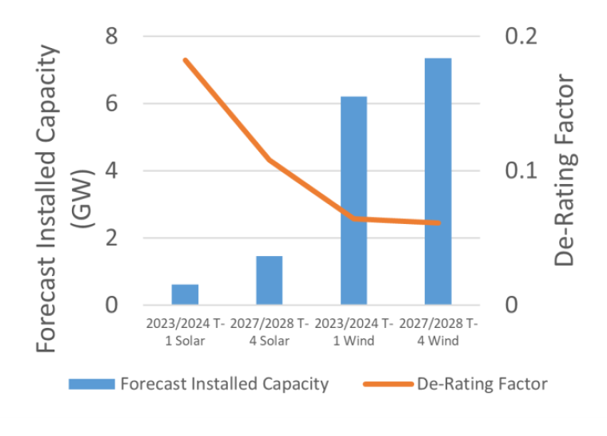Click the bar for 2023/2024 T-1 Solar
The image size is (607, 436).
point(185,294)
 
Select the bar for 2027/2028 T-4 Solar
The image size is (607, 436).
point(270,280)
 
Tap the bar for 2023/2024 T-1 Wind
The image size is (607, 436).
point(353,200)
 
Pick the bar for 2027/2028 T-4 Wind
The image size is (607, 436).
point(438,181)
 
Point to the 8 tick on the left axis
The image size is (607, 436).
point(112,37)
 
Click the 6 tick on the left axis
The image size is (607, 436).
point(112,104)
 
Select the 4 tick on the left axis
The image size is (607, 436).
point(112,171)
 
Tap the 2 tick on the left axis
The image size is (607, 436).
point(112,238)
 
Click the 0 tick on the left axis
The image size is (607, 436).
point(112,306)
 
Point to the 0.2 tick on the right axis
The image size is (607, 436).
point(521,37)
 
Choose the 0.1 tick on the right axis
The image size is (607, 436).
point(521,171)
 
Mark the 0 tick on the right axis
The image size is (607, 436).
point(511,306)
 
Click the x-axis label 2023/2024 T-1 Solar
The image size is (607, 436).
point(185,333)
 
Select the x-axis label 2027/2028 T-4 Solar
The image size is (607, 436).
point(270,333)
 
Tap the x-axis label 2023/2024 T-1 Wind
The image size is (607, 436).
point(353,333)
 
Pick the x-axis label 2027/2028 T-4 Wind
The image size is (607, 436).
point(438,333)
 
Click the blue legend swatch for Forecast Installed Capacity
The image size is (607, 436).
point(91,384)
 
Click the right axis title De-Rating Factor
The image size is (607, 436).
point(565,170)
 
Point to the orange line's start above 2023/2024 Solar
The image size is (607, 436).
point(185,60)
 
